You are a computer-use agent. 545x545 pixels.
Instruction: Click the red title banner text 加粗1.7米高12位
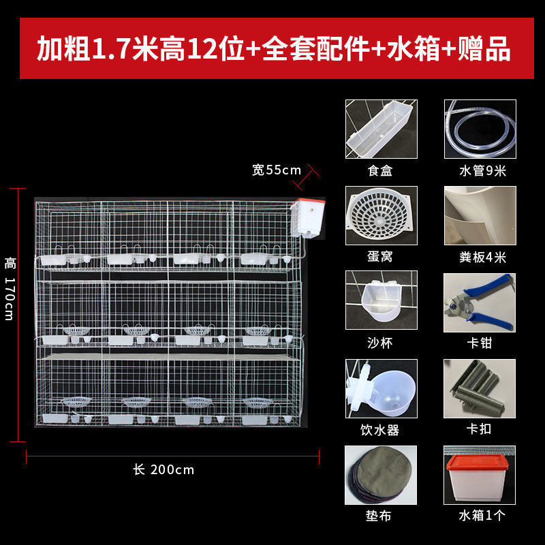[140, 48]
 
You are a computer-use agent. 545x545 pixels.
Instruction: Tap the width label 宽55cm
[277, 170]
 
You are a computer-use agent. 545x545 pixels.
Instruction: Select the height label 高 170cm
[10, 288]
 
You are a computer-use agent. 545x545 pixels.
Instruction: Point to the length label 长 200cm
[163, 469]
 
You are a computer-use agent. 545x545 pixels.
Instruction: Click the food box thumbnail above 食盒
[381, 129]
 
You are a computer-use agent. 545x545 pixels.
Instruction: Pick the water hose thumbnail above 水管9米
[480, 129]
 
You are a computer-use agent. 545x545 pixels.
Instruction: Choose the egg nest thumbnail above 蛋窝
[381, 215]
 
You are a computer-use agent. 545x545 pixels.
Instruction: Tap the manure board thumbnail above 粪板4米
[480, 215]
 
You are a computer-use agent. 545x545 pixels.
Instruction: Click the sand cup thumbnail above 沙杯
[381, 300]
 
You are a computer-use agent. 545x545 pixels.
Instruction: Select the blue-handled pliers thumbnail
[480, 302]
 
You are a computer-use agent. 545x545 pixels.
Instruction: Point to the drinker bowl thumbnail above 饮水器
[381, 388]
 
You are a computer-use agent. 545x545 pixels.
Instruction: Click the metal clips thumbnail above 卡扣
[480, 388]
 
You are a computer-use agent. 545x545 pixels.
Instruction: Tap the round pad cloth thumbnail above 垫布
[381, 475]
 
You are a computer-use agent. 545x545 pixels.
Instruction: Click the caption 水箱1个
[482, 515]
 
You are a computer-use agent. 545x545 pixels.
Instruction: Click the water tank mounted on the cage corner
[308, 218]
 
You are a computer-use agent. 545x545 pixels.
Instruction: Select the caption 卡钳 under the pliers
[480, 343]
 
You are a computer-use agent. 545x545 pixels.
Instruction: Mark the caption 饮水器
[380, 431]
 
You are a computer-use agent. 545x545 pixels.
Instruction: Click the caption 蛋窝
[380, 257]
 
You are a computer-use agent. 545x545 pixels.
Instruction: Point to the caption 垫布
[379, 516]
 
